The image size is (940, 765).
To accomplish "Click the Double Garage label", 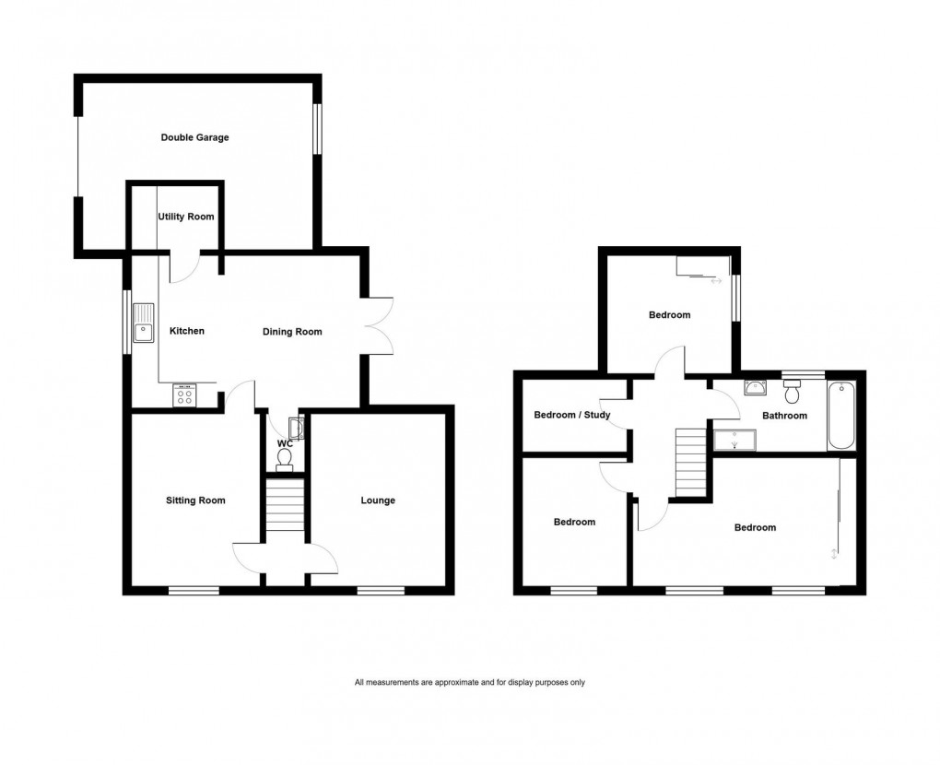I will point(194,138).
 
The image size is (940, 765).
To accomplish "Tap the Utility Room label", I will point(185,218).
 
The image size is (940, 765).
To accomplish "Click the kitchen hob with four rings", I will point(184,395).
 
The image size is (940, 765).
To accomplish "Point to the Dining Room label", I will point(292,332).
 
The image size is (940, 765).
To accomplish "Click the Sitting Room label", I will point(195,500).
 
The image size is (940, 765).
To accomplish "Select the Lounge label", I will point(378,500).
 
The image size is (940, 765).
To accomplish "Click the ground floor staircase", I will point(285,504).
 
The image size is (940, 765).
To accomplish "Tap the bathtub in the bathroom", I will point(841,415).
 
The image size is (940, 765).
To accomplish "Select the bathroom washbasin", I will point(756,387).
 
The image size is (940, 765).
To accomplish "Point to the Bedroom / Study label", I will point(571,415).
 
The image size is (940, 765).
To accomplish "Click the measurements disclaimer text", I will point(470,683).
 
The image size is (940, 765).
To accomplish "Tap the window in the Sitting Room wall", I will point(194,590).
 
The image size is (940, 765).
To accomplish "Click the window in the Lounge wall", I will point(381,590).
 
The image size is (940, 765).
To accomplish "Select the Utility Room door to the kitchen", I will point(183,267).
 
